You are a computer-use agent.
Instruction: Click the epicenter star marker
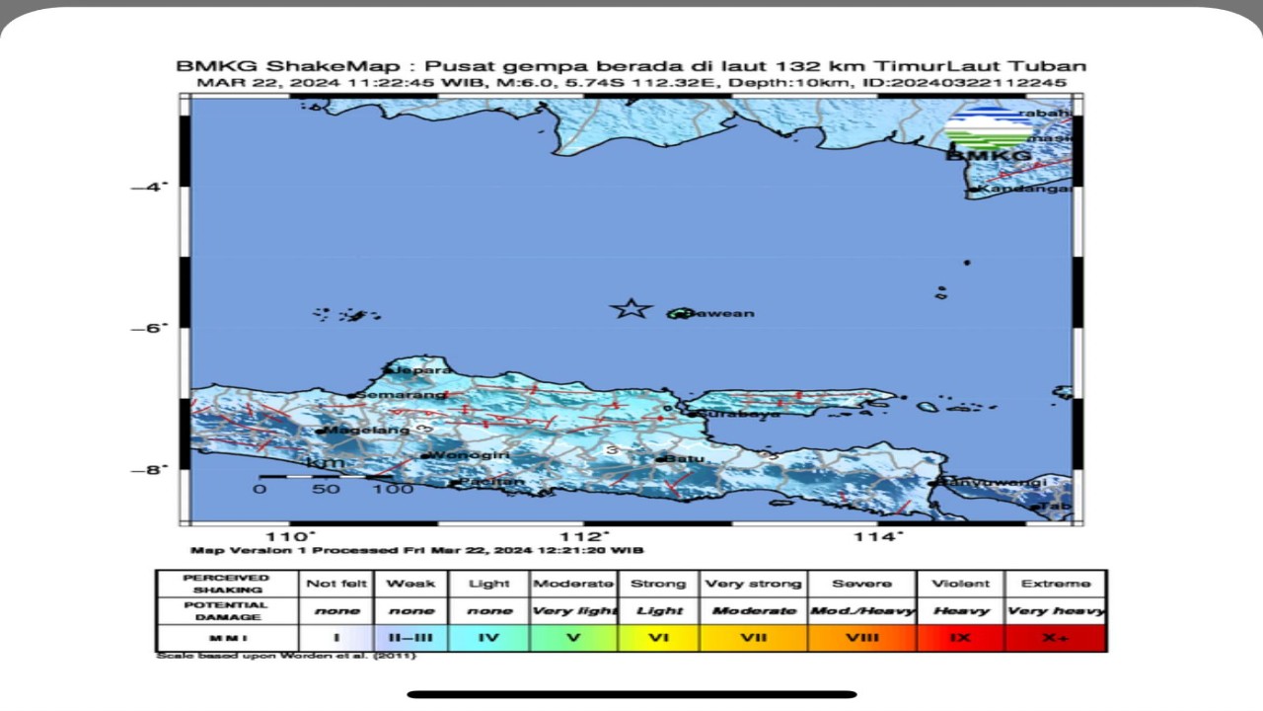631,309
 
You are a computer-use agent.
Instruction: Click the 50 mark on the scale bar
326,489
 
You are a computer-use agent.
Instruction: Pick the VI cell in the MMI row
659,638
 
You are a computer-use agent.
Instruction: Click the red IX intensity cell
960,638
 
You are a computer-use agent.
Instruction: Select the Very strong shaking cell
753,584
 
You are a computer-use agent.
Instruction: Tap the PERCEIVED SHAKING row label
226,584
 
